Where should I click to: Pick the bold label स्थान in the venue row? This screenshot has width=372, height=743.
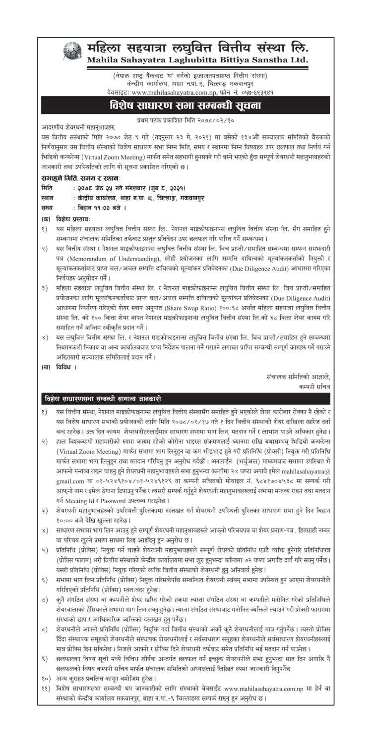(48, 197)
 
